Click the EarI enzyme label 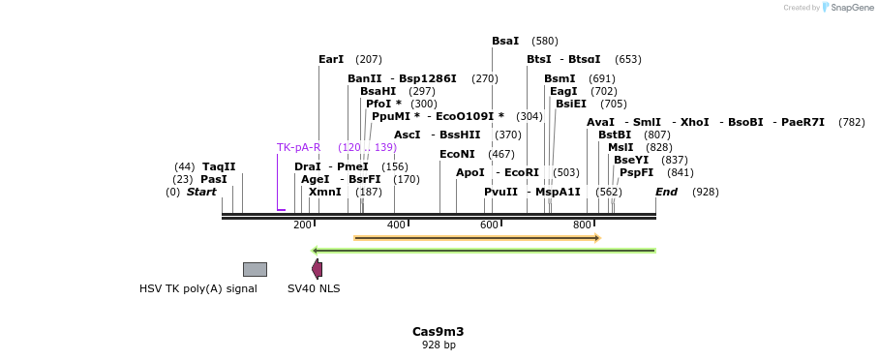click(331, 59)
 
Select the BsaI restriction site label click(505, 41)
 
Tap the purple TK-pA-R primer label click(298, 147)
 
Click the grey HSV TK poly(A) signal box click(255, 269)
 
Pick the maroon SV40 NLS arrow click(317, 269)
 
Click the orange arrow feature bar click(477, 238)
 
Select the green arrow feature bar click(484, 251)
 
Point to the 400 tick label click(396, 225)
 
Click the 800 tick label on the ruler click(583, 225)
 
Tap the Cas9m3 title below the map click(438, 331)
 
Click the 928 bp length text click(439, 345)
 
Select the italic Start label click(201, 192)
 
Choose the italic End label click(666, 192)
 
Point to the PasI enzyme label click(214, 179)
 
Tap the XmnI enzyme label click(325, 192)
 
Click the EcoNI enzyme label click(457, 154)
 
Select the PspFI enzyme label click(637, 172)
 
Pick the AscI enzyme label click(407, 135)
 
